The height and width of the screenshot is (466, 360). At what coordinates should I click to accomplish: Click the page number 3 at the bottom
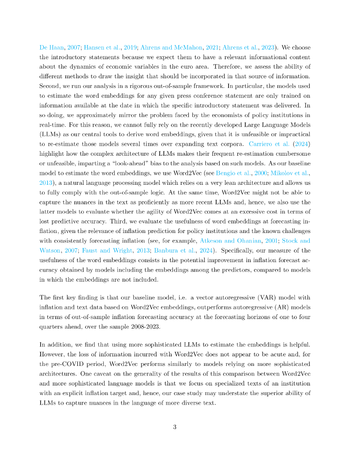pos(175,426)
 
